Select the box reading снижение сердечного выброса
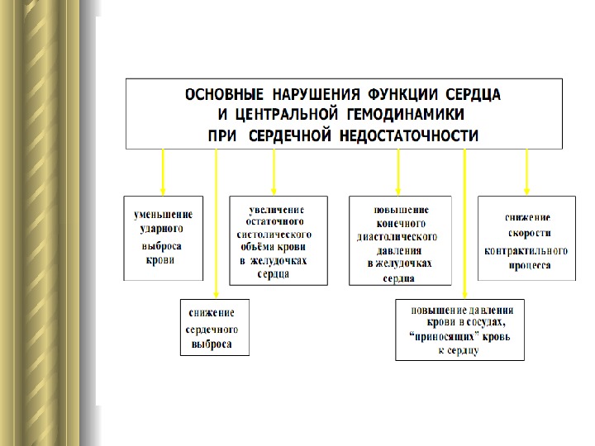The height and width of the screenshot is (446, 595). click(x=214, y=327)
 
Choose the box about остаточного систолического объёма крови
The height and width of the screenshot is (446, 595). click(x=277, y=240)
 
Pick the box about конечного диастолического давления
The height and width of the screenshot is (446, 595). click(x=400, y=240)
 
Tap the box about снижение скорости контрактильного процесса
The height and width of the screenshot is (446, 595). click(x=526, y=238)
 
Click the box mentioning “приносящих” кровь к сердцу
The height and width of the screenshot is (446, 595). click(x=459, y=330)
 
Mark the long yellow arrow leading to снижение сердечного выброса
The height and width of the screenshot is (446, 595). click(x=216, y=223)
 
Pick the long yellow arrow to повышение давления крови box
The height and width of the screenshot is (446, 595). click(x=465, y=223)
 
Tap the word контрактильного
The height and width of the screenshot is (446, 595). click(x=526, y=250)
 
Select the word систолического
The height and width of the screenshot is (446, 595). click(x=274, y=235)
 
